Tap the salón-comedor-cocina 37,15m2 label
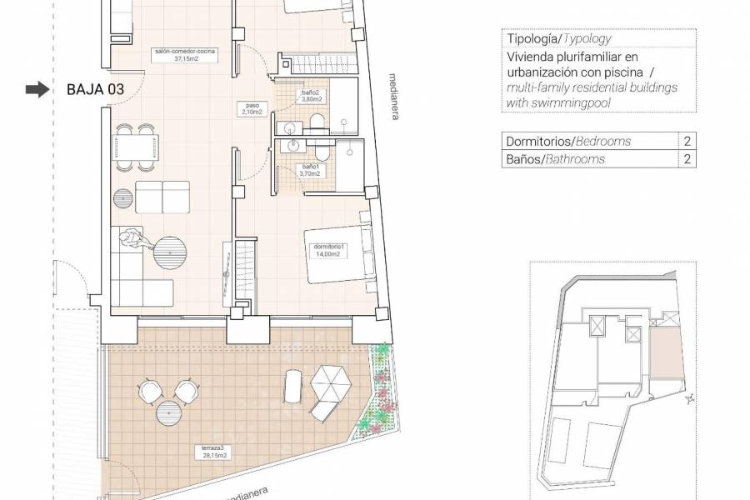click(184, 56)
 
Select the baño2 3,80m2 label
click(311, 95)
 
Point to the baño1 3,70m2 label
click(310, 171)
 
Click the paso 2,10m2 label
click(252, 108)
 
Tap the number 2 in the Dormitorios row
click(687, 142)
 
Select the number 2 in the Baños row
click(687, 159)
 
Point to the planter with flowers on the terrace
click(379, 392)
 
